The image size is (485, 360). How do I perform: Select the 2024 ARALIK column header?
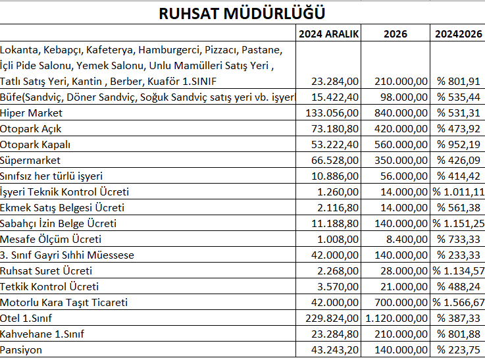(x=328, y=34)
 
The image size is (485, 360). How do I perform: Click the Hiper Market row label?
(x=30, y=113)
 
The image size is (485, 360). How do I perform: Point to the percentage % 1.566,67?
(x=458, y=302)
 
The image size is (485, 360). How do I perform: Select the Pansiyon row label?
(x=21, y=349)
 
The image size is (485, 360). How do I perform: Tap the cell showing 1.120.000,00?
(x=396, y=318)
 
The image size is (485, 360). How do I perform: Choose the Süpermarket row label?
(x=30, y=160)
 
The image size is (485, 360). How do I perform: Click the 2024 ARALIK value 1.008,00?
(x=339, y=239)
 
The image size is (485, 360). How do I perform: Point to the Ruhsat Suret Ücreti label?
(x=46, y=270)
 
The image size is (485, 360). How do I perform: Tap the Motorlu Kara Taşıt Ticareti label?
(x=64, y=302)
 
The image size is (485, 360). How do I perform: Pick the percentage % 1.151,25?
(x=458, y=223)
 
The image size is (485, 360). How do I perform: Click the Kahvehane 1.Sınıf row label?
(x=43, y=334)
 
